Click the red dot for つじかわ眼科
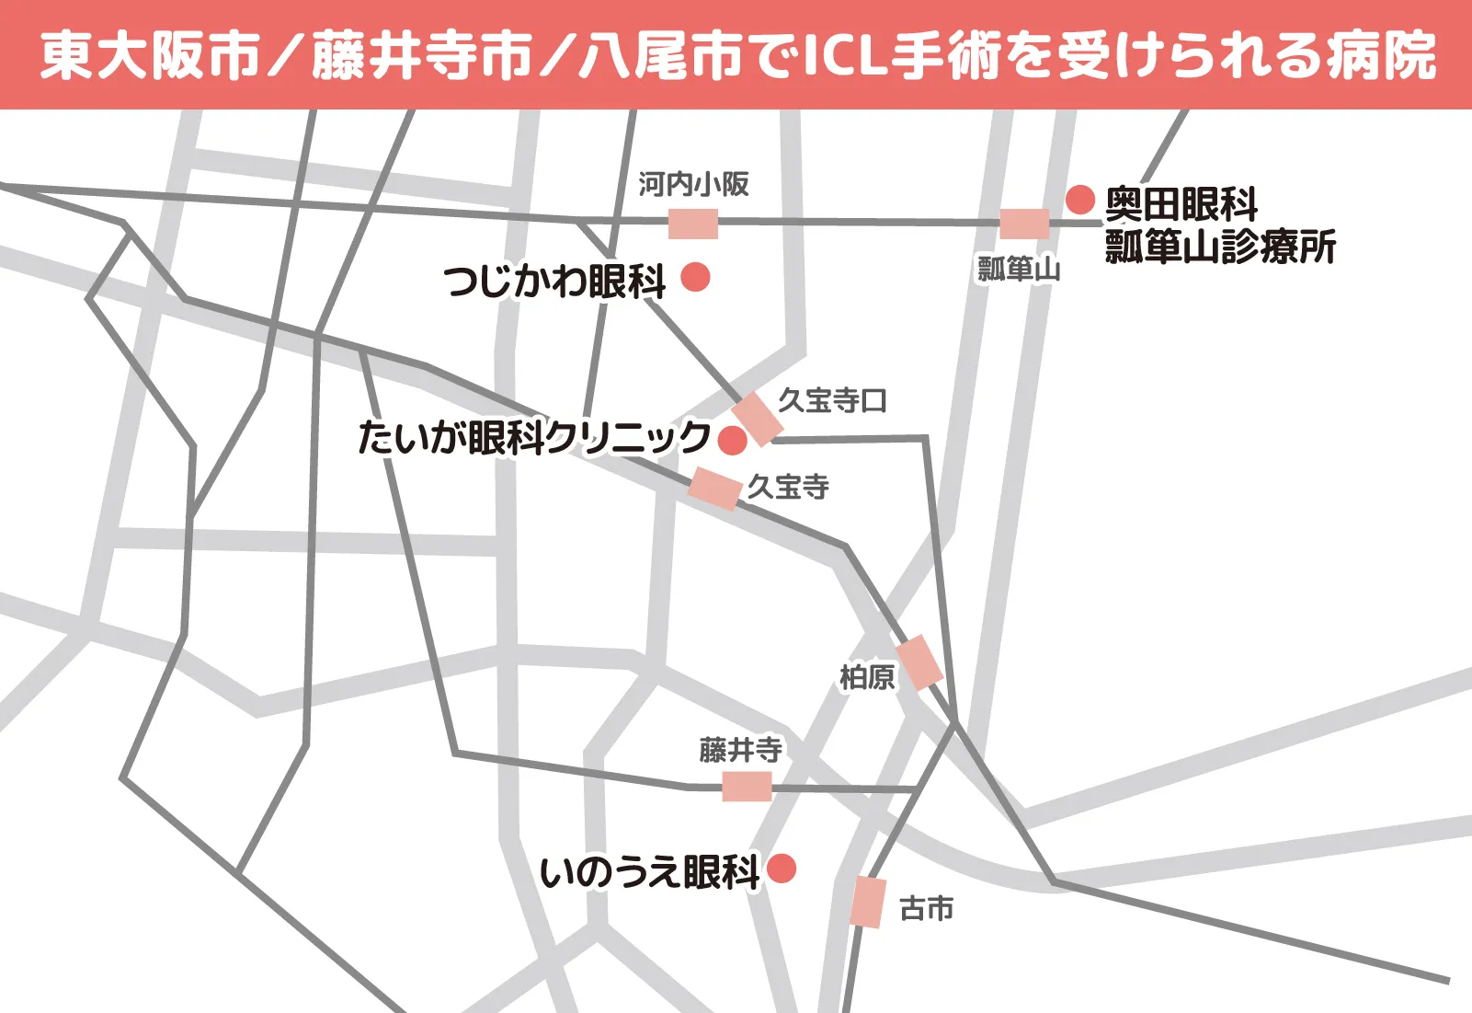point(695,276)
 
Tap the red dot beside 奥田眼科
point(1080,199)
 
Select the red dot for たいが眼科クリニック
point(732,440)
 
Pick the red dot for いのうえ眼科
point(781,868)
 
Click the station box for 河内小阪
point(692,224)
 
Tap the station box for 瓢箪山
point(1024,224)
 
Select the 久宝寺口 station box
point(758,419)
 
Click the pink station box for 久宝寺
point(715,488)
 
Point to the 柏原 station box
point(919,662)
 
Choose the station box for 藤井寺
point(747,787)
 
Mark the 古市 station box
point(867,902)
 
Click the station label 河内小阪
point(694,184)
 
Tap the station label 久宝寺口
point(832,400)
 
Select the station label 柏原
point(866,677)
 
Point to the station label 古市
point(926,908)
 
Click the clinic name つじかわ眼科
point(554,281)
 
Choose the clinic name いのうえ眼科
point(649,871)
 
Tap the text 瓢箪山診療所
point(1220,247)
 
